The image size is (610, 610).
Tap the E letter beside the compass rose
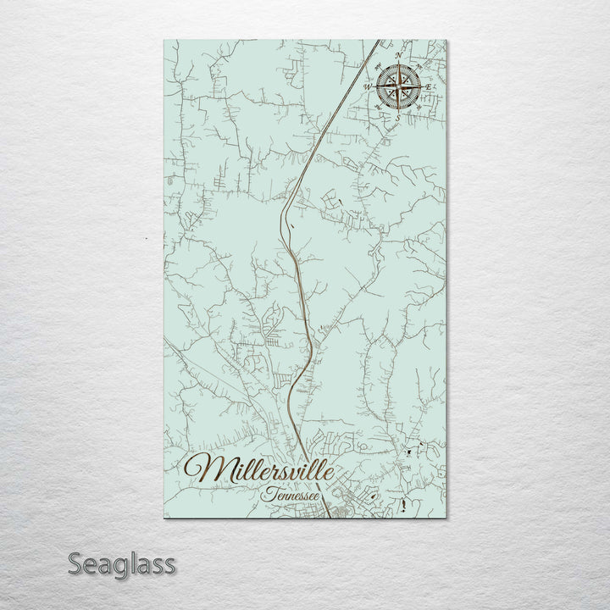tap(430, 87)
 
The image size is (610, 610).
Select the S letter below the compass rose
tap(397, 119)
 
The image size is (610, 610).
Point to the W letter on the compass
tap(367, 86)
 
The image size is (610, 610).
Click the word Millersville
tap(259, 469)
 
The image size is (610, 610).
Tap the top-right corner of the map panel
tap(446, 39)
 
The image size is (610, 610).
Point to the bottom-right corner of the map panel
tap(446, 518)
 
